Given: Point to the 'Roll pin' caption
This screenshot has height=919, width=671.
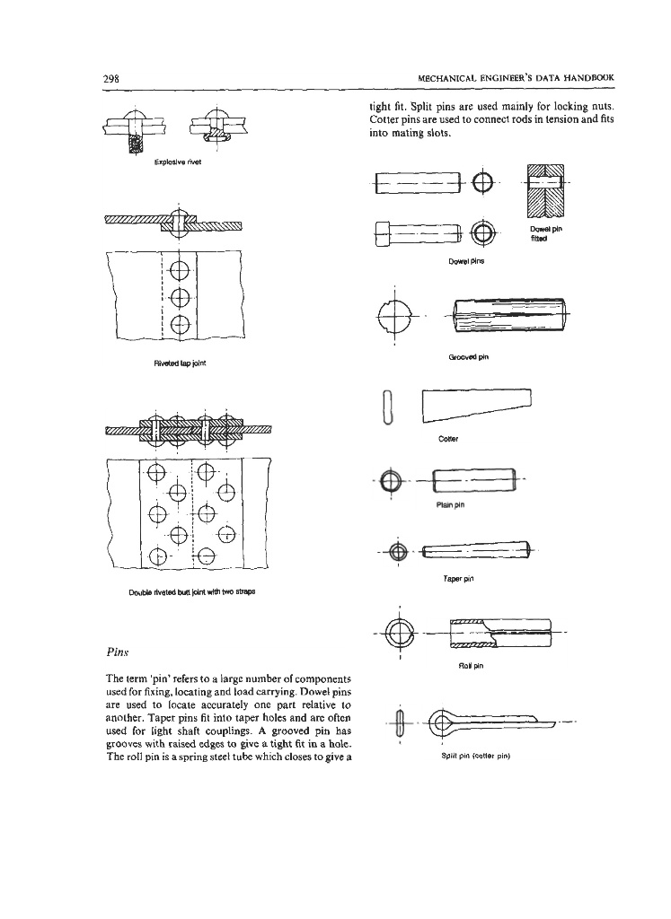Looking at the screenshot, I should point(471,666).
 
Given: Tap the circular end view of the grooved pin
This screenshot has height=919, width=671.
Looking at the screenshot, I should point(395,317).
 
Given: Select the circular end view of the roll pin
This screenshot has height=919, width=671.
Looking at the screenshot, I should point(396,634).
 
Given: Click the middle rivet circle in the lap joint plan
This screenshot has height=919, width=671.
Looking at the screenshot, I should point(178,298).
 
